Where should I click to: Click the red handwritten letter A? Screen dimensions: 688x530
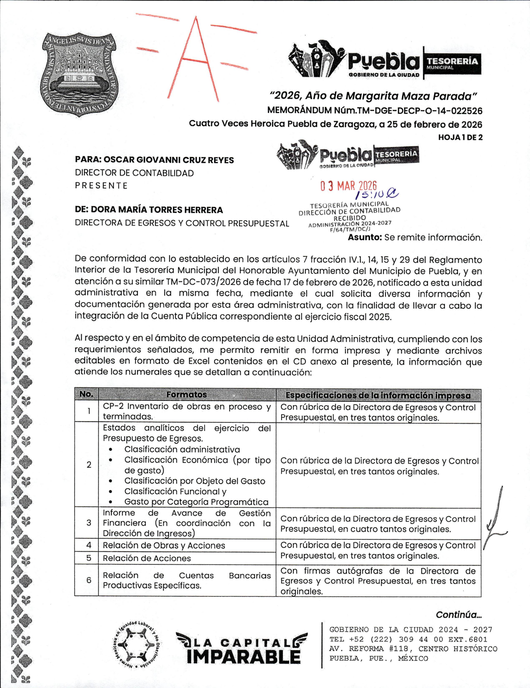tap(195, 58)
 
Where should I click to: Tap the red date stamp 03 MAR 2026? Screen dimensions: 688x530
tap(348, 186)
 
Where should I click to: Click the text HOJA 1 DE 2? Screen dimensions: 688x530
tap(460, 137)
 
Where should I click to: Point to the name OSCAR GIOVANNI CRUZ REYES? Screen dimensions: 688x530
tap(168, 160)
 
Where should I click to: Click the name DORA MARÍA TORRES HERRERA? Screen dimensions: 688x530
tap(157, 210)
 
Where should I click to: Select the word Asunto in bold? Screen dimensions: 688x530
tap(365, 238)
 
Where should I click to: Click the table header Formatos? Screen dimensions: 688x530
tap(186, 394)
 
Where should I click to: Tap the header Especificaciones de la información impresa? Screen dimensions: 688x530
tap(378, 395)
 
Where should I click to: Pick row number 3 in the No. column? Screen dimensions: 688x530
tap(89, 523)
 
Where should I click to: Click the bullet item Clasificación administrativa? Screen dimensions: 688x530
tap(182, 450)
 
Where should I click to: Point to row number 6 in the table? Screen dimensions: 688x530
tap(89, 580)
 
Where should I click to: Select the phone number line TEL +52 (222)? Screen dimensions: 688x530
tap(408, 639)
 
